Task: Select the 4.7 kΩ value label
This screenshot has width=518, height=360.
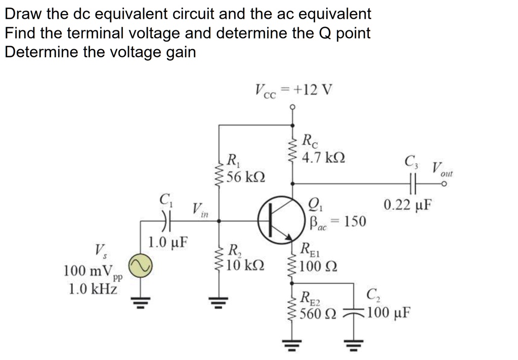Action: click(x=324, y=158)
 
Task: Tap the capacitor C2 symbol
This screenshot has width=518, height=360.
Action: click(x=354, y=311)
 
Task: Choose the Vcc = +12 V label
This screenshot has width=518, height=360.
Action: click(x=293, y=91)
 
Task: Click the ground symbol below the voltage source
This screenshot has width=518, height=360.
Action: click(x=138, y=302)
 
